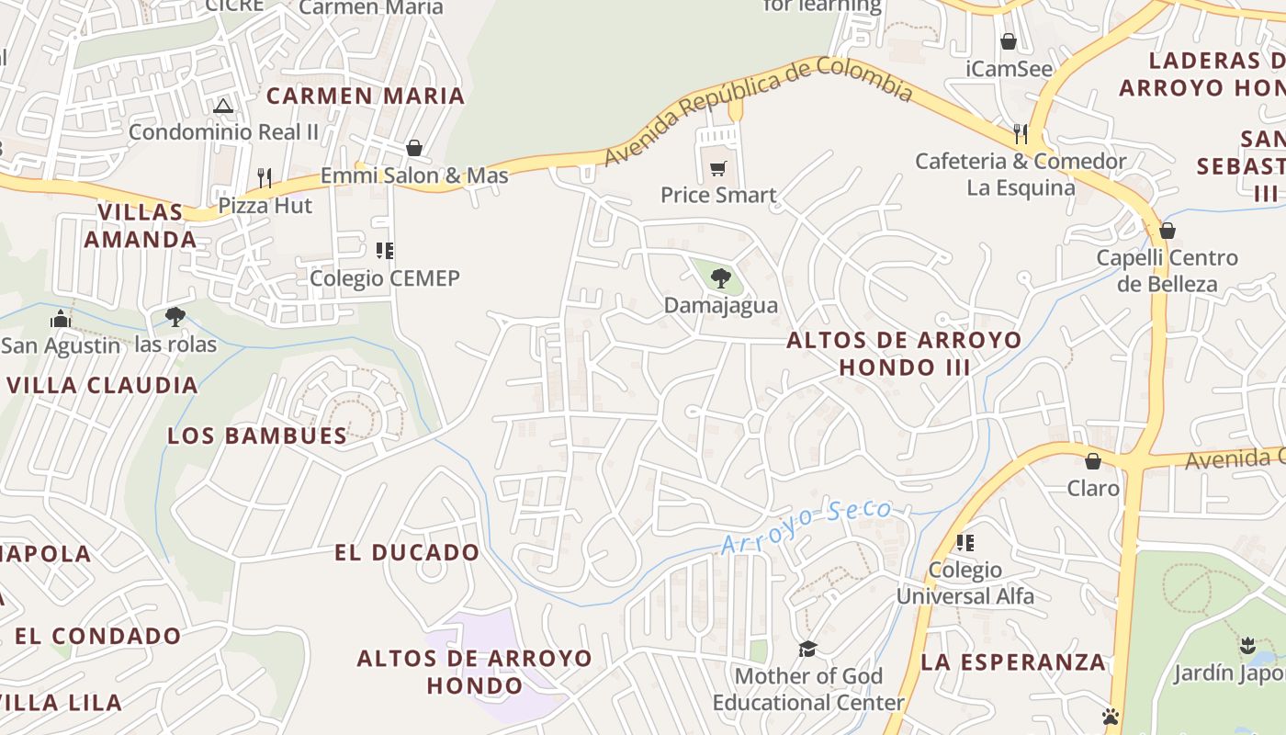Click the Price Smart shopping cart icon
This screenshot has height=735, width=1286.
(718, 168)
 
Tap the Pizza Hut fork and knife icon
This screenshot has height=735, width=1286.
(265, 177)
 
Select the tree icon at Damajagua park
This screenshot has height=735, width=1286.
(721, 277)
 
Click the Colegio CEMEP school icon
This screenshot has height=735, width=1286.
(385, 250)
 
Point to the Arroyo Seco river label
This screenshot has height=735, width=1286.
(807, 526)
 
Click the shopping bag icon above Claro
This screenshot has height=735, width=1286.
(1093, 460)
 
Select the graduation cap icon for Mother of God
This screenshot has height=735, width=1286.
(807, 649)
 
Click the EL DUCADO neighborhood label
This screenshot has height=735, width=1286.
(406, 552)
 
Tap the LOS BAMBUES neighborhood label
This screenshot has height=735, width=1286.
(257, 435)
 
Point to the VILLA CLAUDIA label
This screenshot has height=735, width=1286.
(102, 385)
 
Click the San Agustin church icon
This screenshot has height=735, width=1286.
(61, 319)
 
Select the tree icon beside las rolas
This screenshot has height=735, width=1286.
(175, 317)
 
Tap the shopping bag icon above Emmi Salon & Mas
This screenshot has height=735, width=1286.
(414, 148)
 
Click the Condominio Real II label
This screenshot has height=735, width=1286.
(223, 131)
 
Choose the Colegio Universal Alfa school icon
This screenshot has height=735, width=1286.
(964, 542)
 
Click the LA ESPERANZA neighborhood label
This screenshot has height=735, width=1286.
(1013, 661)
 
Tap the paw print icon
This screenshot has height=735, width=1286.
(1111, 716)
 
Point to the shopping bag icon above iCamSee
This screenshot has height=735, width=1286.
(1009, 41)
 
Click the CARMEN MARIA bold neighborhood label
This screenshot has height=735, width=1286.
(366, 96)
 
